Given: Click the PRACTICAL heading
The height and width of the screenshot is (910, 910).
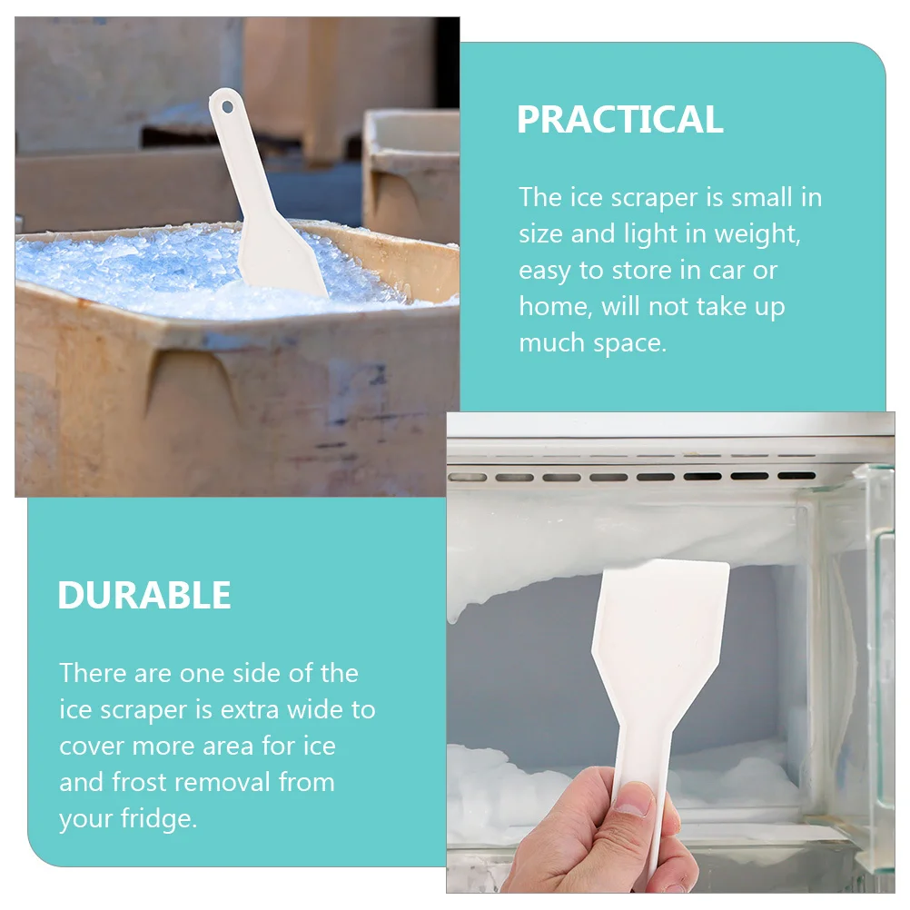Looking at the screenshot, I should click(x=619, y=120).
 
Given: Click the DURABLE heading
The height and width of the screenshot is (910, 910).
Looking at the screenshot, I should click(x=143, y=596).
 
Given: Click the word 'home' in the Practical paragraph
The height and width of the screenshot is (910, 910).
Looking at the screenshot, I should click(x=554, y=307).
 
